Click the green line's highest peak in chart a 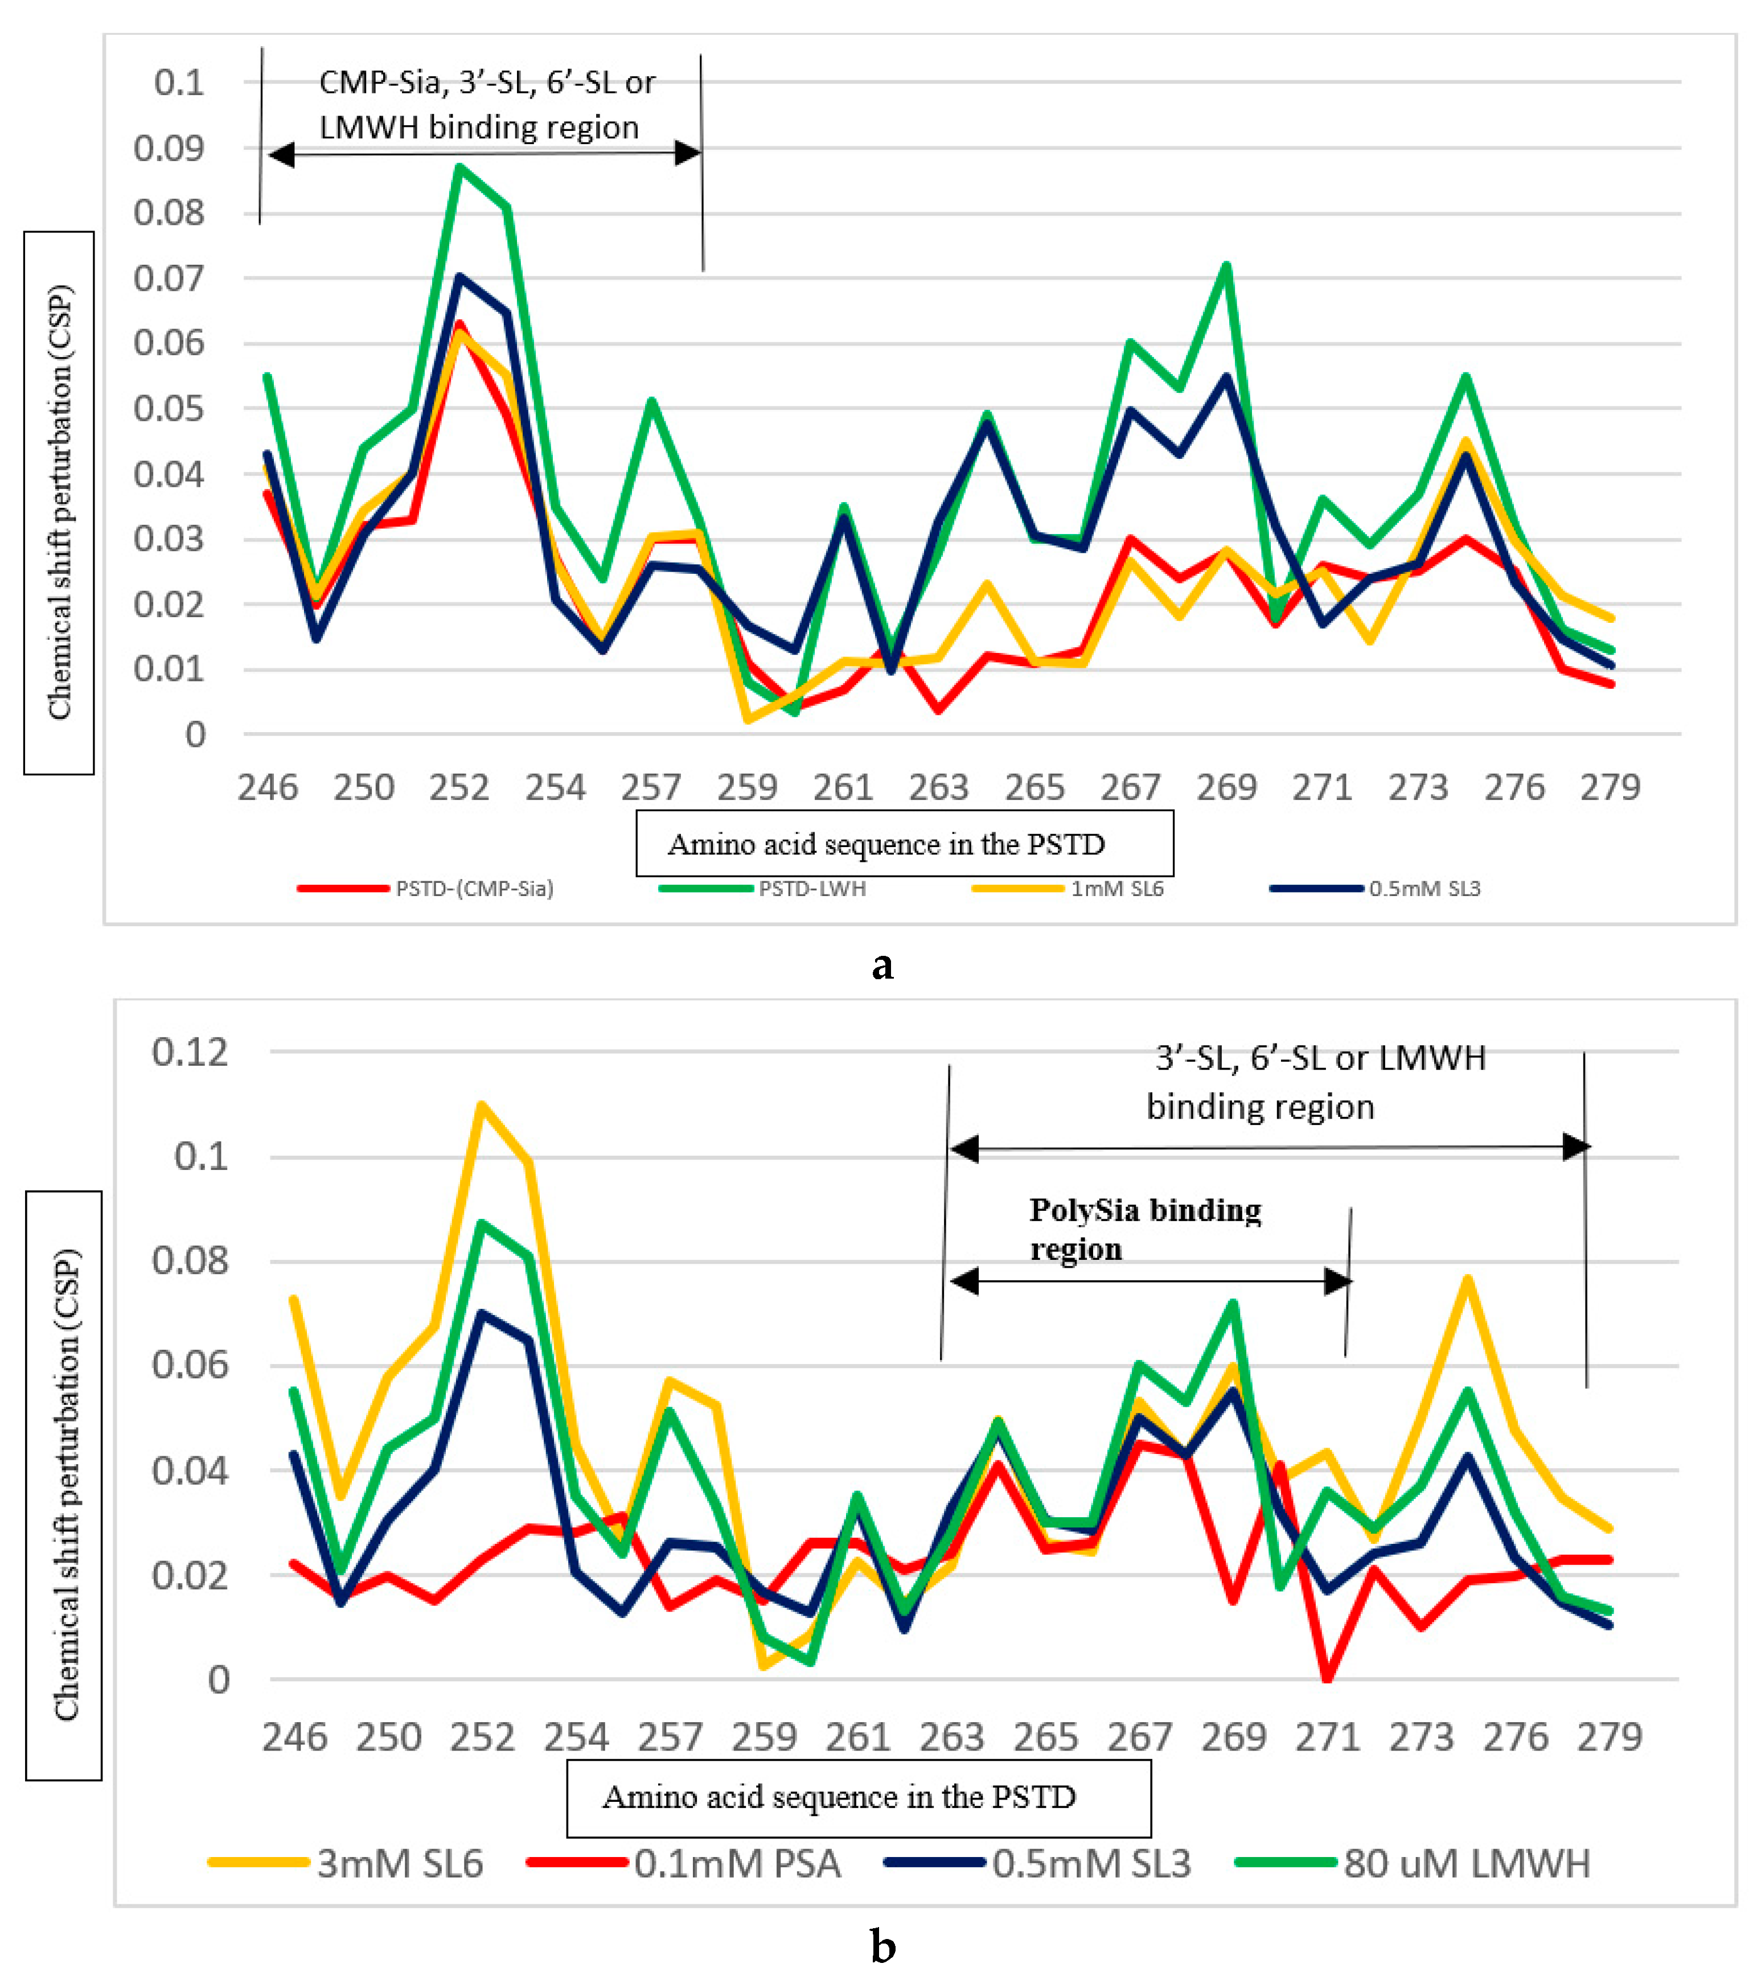pos(459,167)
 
